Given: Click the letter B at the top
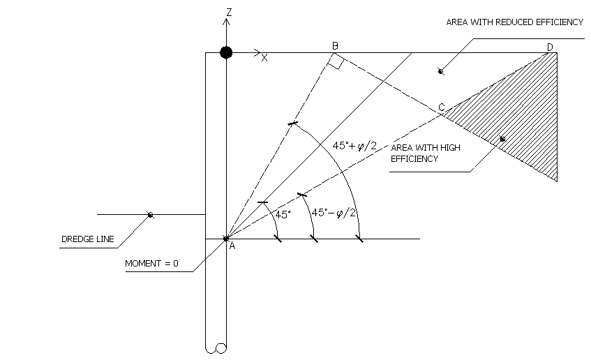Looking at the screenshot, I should [x=335, y=46].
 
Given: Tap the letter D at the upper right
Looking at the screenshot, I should [x=550, y=47].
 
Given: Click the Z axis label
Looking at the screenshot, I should [x=228, y=12].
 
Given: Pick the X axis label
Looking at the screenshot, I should [x=264, y=58].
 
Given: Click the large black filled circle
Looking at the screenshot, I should [x=226, y=52].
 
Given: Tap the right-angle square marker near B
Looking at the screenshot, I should [x=336, y=63].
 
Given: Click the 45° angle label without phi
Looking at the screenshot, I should [x=282, y=215].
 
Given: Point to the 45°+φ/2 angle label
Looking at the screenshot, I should [x=353, y=146].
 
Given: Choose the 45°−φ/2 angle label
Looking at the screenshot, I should [x=334, y=212].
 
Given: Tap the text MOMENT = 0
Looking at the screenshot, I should [x=151, y=264].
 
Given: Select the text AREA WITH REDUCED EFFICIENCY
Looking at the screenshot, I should [x=514, y=22].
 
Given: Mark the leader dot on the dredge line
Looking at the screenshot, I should [x=150, y=215].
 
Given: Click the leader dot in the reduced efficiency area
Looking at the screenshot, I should [x=440, y=70].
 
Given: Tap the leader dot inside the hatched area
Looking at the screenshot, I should [x=502, y=140].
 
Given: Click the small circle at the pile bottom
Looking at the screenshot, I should [x=221, y=348].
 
